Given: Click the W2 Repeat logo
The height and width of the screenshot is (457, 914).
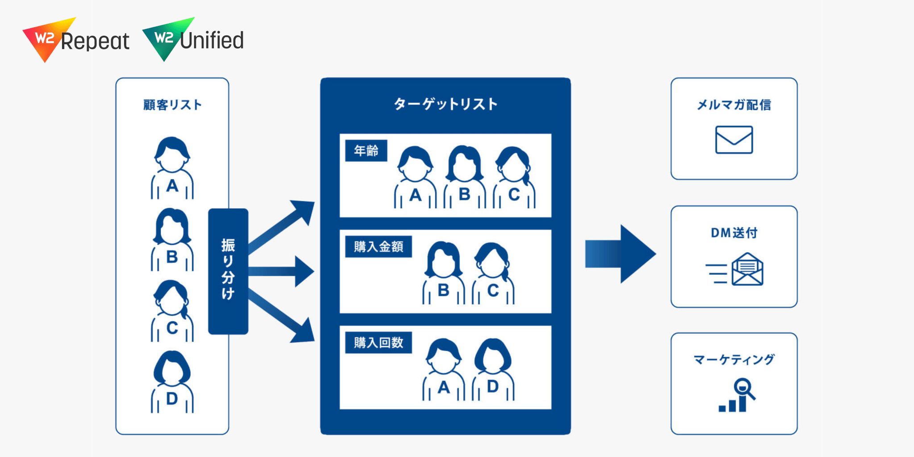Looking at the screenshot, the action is [x=76, y=40].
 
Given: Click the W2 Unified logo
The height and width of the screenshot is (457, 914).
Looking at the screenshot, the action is [x=193, y=40].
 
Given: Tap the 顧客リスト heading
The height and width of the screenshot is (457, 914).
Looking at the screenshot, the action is [x=172, y=105].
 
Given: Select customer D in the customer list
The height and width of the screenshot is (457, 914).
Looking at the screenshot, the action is [x=172, y=382].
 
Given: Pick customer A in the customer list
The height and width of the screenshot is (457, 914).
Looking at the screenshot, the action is [x=172, y=168].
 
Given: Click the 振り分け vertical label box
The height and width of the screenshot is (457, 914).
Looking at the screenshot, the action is [x=228, y=271].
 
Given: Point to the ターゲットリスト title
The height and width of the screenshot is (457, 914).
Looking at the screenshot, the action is [x=445, y=104].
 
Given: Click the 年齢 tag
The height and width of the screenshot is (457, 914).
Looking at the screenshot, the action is [x=366, y=151].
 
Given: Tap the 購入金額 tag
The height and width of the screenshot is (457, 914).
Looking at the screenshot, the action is [x=378, y=246].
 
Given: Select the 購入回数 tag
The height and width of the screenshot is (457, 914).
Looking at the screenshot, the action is [x=378, y=342].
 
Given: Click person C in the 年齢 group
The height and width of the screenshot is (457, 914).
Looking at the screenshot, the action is [x=514, y=177].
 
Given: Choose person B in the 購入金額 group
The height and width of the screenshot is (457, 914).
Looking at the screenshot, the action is [x=444, y=273].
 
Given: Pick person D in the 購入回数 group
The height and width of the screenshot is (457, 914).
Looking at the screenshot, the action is [x=493, y=369].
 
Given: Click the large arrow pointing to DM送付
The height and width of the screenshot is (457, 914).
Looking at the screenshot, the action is [x=621, y=254].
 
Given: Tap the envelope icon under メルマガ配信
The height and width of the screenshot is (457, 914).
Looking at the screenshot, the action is [x=734, y=140].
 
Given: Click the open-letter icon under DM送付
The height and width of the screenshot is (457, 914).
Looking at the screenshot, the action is [x=735, y=269].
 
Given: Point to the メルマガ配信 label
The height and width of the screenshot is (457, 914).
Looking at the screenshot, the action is [x=734, y=105].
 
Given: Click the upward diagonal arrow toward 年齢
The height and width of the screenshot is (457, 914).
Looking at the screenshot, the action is [x=281, y=226].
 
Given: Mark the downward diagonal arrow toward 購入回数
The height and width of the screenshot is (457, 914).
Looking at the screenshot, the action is [x=281, y=316].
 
